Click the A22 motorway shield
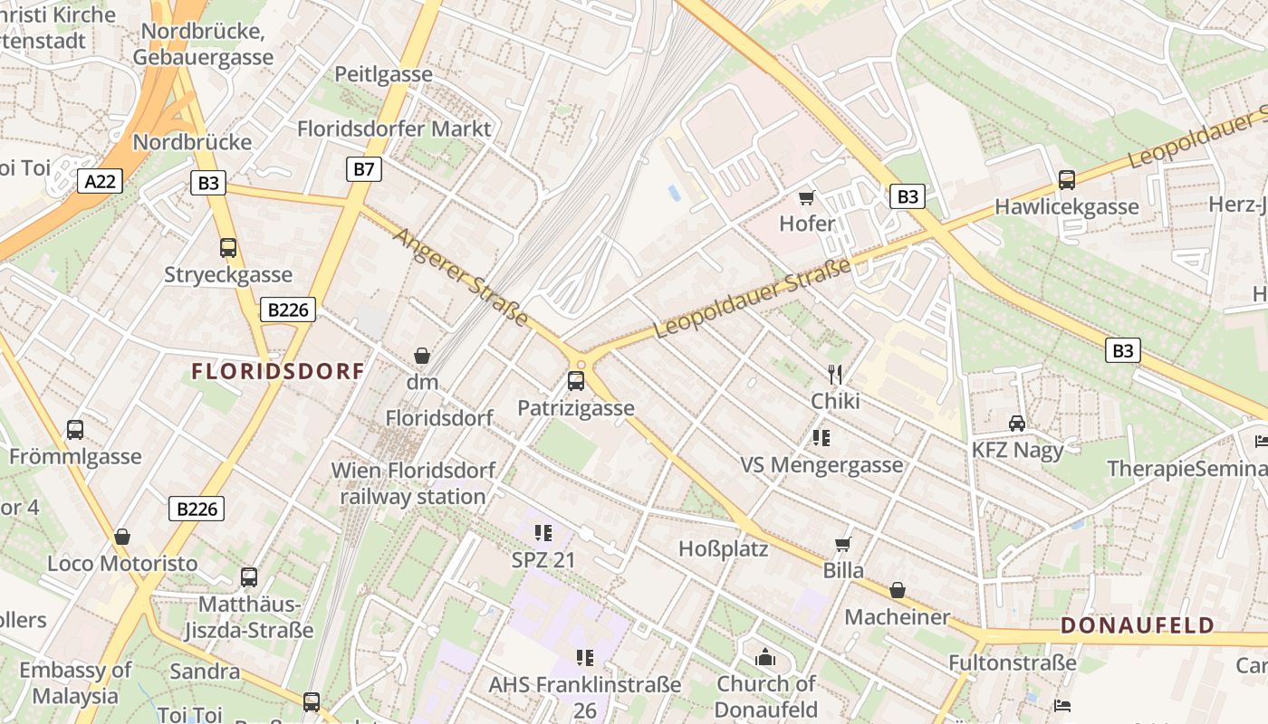pyautogui.click(x=100, y=182)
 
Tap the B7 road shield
pyautogui.click(x=363, y=168)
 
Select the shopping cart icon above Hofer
pyautogui.click(x=806, y=197)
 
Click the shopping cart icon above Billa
pyautogui.click(x=843, y=544)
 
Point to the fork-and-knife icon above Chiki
pyautogui.click(x=835, y=374)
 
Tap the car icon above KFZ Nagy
pyautogui.click(x=1017, y=423)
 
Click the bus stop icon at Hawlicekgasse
pyautogui.click(x=1067, y=180)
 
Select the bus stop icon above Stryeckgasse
pyautogui.click(x=228, y=248)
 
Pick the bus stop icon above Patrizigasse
pyautogui.click(x=576, y=381)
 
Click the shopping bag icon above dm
pyautogui.click(x=422, y=356)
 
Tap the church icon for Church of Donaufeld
pyautogui.click(x=765, y=657)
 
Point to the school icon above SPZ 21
pyautogui.click(x=543, y=533)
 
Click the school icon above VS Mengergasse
pyautogui.click(x=821, y=439)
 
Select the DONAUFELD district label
pyautogui.click(x=1138, y=625)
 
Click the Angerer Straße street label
pyautogui.click(x=462, y=276)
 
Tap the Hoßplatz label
pyautogui.click(x=724, y=548)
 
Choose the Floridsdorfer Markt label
pyautogui.click(x=394, y=129)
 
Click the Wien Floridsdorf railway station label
pyautogui.click(x=413, y=483)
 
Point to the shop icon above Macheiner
pyautogui.click(x=898, y=591)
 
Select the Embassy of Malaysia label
pyautogui.click(x=75, y=683)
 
